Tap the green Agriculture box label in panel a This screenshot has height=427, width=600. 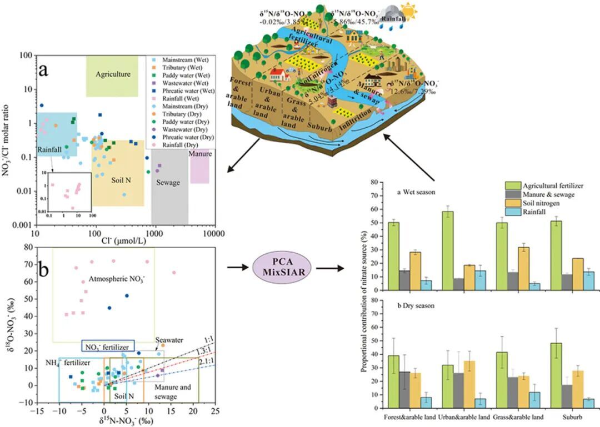click(x=112, y=74)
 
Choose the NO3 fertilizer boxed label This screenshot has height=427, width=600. click(x=108, y=346)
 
